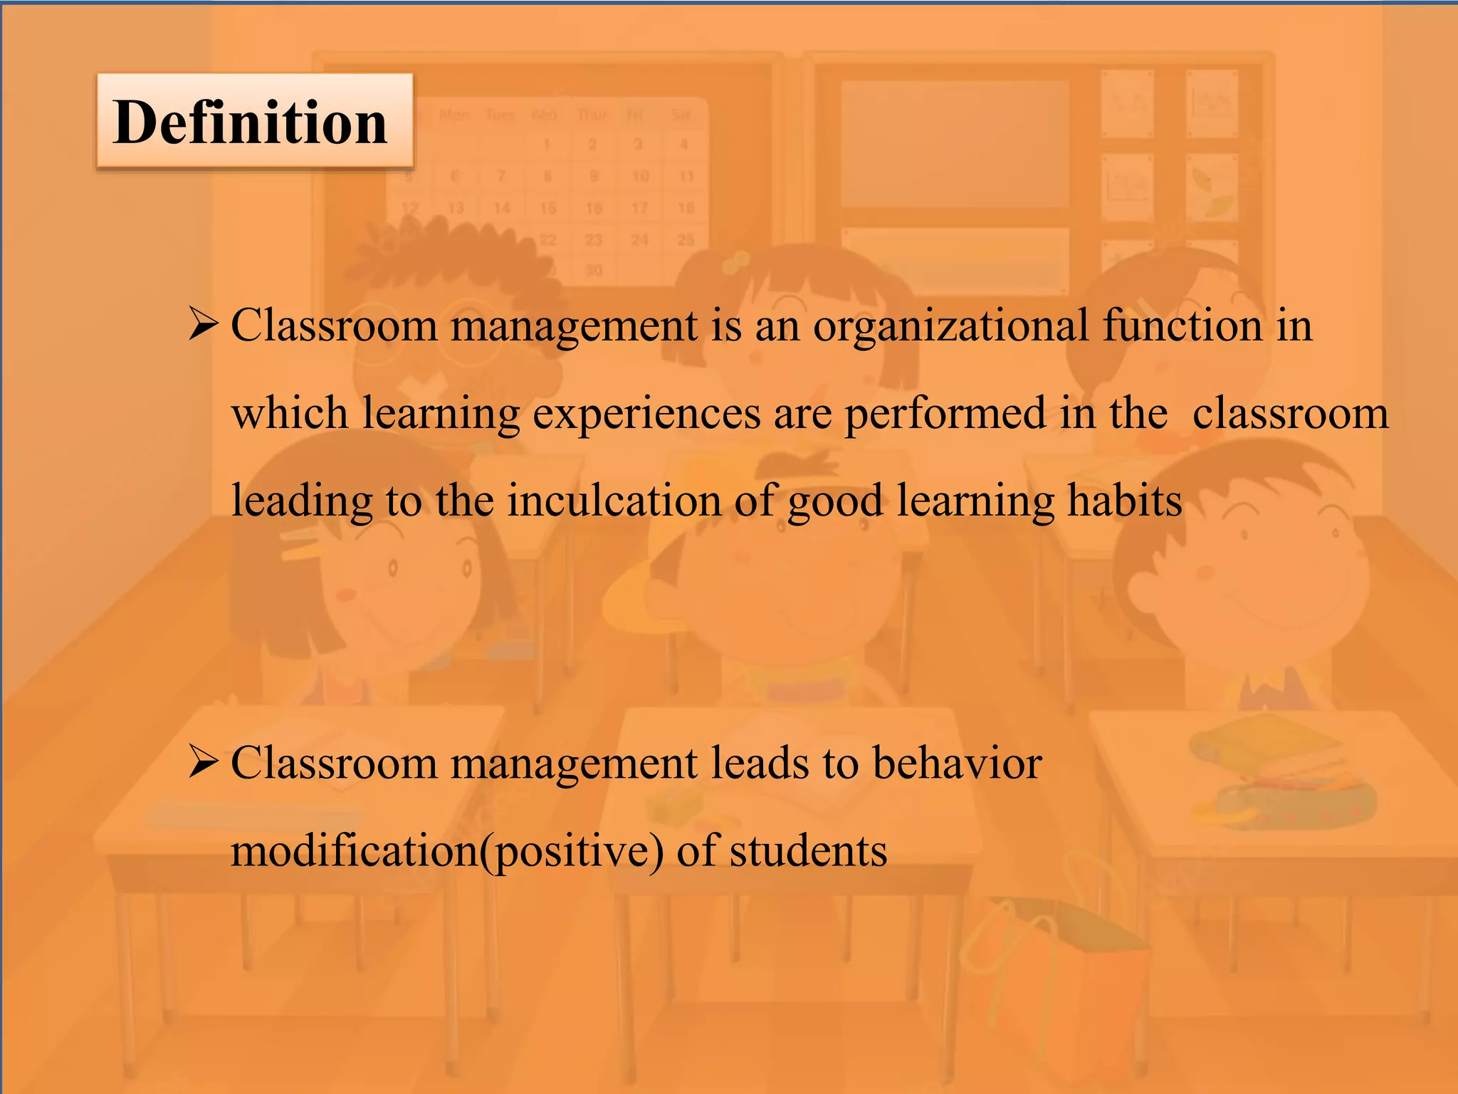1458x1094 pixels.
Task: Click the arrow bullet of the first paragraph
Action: tap(202, 324)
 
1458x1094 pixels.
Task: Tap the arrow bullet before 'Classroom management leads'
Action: tap(202, 762)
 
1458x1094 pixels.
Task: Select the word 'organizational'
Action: tap(951, 326)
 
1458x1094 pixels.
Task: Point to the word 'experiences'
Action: tap(646, 415)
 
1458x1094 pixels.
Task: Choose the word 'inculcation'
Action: tap(614, 500)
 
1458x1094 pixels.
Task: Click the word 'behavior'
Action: tap(957, 763)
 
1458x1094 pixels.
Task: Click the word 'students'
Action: tap(808, 850)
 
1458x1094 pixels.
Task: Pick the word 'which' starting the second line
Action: tap(290, 413)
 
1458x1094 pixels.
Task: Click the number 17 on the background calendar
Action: tap(639, 208)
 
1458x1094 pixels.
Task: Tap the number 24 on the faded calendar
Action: tap(639, 240)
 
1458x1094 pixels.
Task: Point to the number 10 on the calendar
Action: tap(640, 176)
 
